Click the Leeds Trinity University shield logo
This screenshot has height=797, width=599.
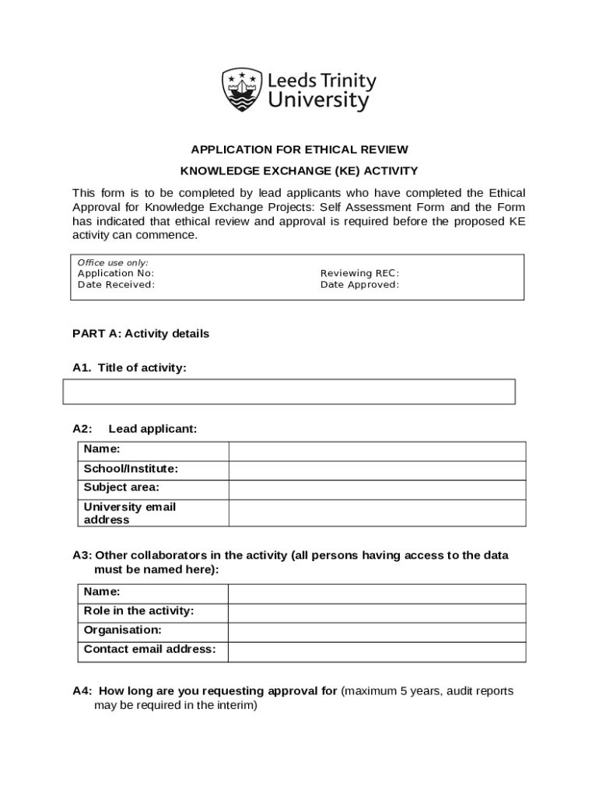242,90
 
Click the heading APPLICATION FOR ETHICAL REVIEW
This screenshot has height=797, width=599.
299,149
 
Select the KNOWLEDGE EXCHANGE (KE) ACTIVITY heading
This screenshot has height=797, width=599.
299,170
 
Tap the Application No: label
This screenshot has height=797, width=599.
116,273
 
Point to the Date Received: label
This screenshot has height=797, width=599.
116,285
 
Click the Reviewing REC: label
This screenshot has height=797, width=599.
359,273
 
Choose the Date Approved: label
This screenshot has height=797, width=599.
359,285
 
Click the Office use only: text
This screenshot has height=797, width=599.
113,263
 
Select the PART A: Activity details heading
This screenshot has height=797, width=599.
141,334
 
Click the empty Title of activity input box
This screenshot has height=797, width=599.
289,392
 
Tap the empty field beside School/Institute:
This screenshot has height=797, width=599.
377,469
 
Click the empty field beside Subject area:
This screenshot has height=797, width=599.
377,489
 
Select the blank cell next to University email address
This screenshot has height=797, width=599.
377,513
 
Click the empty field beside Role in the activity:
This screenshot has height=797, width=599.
377,613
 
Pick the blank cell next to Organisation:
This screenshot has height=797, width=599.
377,631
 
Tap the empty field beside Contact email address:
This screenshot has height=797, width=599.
377,651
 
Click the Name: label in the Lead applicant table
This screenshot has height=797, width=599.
102,449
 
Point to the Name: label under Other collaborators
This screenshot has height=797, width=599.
102,592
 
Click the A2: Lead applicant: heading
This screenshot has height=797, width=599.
135,429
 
